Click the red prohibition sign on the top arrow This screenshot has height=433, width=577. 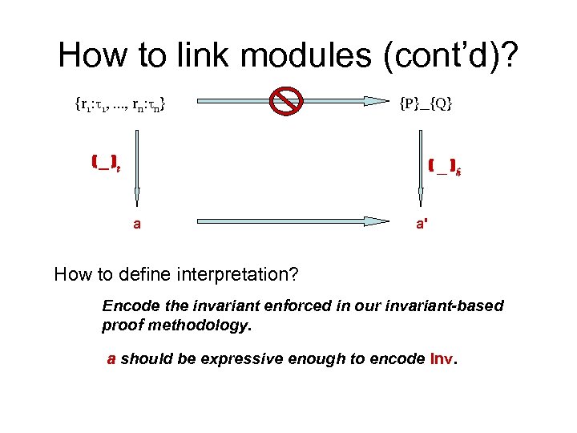[284, 101]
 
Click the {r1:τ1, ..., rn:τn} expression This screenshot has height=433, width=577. [121, 103]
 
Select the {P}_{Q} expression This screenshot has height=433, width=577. [426, 103]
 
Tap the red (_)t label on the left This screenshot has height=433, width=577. [106, 164]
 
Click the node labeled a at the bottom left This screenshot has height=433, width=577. [137, 225]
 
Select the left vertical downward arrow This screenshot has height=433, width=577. [137, 168]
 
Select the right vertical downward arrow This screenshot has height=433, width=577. [418, 168]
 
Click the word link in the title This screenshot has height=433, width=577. [203, 55]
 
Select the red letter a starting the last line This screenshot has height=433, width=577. [112, 360]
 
